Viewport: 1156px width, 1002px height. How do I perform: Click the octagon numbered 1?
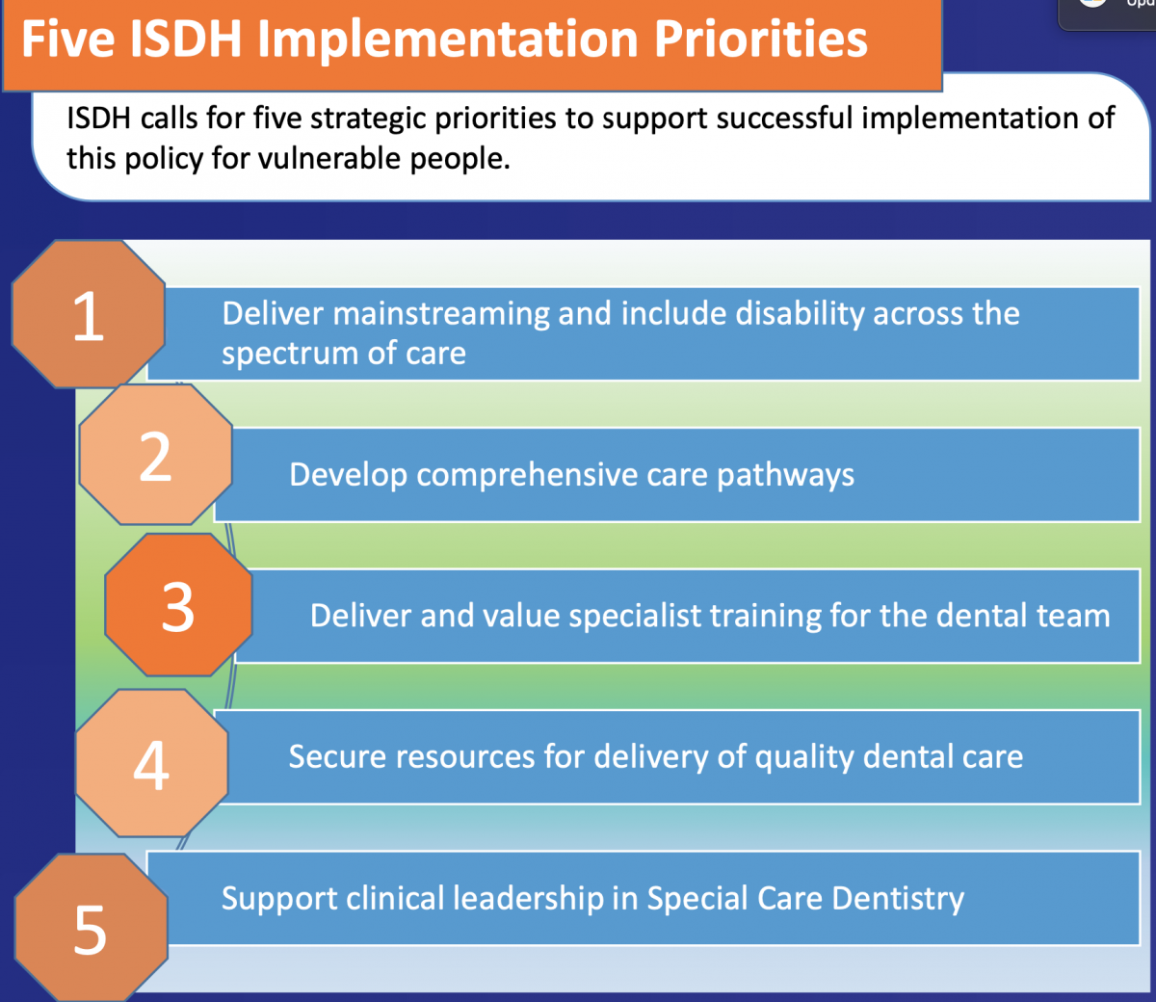[88, 315]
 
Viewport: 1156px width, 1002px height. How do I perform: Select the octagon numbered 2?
[155, 456]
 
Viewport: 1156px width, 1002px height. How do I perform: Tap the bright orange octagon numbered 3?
[178, 606]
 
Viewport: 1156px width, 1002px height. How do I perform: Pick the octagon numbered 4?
[151, 764]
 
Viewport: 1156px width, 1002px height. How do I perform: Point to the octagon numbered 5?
[91, 928]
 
